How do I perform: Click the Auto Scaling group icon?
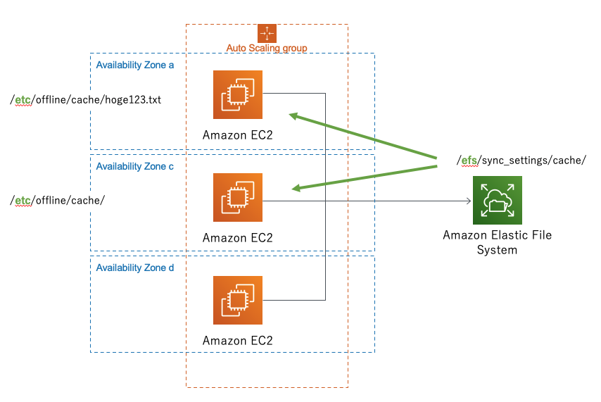[267, 33]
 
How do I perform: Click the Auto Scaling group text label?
[267, 48]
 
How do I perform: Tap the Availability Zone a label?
[135, 65]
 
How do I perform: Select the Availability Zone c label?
[135, 166]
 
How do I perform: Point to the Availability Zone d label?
[135, 268]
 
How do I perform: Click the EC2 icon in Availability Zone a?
[238, 94]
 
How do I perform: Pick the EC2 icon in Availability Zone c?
[238, 197]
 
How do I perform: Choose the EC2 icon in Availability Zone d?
[238, 300]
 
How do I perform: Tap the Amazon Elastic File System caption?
[497, 242]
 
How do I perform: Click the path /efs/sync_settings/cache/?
[521, 160]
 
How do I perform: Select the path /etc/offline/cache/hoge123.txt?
[86, 100]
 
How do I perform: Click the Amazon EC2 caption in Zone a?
[237, 135]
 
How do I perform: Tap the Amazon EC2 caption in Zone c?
[237, 237]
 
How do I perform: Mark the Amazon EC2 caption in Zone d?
[237, 340]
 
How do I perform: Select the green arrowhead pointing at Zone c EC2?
[298, 188]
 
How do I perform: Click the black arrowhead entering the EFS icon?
[467, 201]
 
